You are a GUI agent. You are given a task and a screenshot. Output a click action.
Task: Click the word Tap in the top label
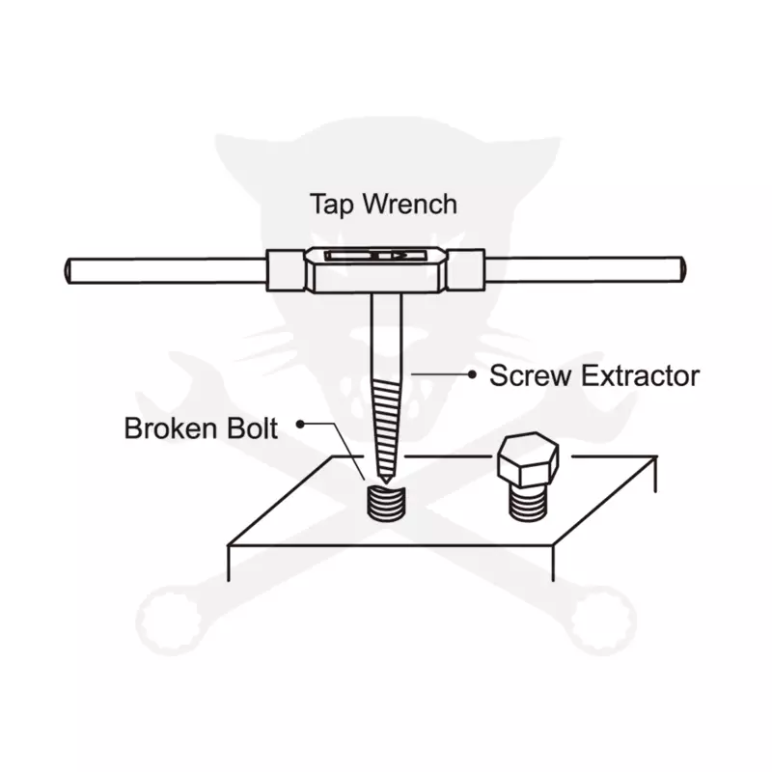pyautogui.click(x=331, y=205)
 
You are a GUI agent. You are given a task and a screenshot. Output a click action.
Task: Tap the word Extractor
pyautogui.click(x=640, y=375)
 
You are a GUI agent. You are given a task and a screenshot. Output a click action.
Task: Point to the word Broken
pyautogui.click(x=168, y=427)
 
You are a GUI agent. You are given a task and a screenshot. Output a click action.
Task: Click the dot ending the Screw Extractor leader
pyautogui.click(x=472, y=374)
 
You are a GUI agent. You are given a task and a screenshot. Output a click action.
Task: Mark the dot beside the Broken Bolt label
pyautogui.click(x=300, y=424)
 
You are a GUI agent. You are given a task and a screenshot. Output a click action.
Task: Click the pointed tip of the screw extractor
pyautogui.click(x=386, y=481)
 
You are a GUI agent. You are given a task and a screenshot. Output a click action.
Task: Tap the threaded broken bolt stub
pyautogui.click(x=387, y=503)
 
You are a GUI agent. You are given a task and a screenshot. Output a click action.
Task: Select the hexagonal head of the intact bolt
pyautogui.click(x=528, y=460)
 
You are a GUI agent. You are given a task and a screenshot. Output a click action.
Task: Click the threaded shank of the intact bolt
pyautogui.click(x=528, y=503)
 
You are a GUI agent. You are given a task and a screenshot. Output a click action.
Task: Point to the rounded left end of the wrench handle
pyautogui.click(x=68, y=271)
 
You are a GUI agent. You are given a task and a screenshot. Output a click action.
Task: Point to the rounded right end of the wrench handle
pyautogui.click(x=683, y=269)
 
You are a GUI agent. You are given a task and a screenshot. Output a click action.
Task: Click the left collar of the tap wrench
pyautogui.click(x=286, y=270)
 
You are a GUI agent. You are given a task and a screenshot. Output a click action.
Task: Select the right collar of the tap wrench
pyautogui.click(x=465, y=270)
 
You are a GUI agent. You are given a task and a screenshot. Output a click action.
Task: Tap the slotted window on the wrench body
pyautogui.click(x=375, y=256)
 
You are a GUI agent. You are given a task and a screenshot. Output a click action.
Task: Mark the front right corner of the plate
pyautogui.click(x=553, y=545)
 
